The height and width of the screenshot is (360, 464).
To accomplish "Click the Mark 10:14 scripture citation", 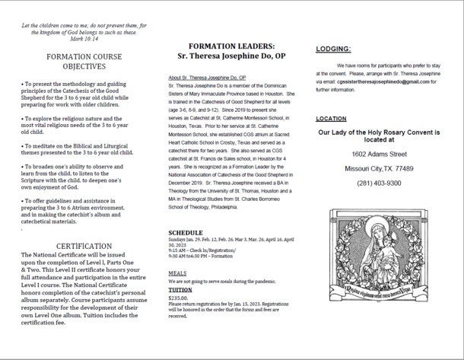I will coord(80,38).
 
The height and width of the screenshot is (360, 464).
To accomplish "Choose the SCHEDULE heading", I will coord(186,233).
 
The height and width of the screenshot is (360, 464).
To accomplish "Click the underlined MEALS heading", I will coord(177,272).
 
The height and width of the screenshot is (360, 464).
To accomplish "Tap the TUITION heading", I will coord(180,290).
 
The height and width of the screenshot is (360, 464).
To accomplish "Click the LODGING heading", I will coord(333,49).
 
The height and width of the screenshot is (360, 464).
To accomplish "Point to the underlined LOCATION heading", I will coord(331,119).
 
